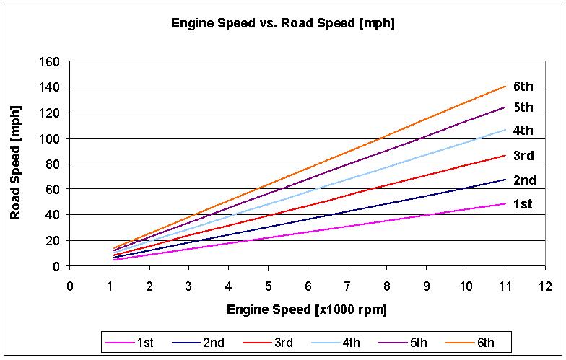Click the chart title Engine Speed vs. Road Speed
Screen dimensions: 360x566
pos(282,23)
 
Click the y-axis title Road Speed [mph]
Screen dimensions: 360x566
pos(15,164)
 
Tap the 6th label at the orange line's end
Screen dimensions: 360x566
pos(523,87)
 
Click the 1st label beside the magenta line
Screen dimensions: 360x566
pos(523,204)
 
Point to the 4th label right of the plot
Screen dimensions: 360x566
pos(523,131)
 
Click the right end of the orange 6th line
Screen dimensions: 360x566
pos(505,86)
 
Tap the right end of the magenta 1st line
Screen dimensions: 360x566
pos(505,203)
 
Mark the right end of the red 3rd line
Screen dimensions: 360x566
pos(505,155)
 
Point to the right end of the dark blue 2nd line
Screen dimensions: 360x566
pos(505,179)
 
